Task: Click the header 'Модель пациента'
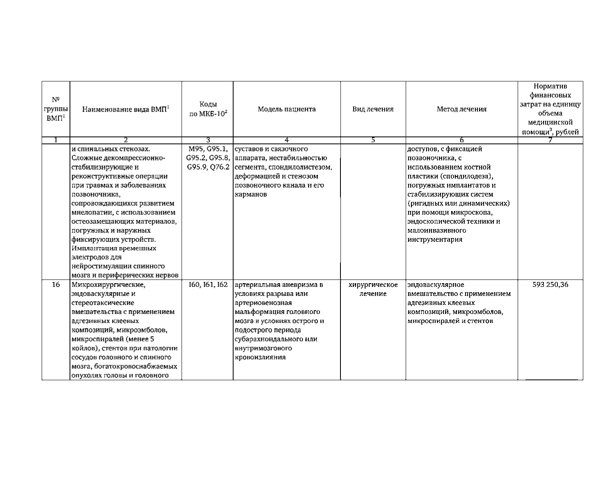pos(287,109)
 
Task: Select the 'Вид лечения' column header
pos(373,109)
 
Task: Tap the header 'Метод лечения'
pos(461,109)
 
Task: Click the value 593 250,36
pos(550,285)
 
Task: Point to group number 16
pos(56,285)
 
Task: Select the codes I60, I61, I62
pos(208,285)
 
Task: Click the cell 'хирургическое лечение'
pos(373,289)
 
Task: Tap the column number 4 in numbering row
pos(287,140)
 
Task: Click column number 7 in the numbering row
pos(550,140)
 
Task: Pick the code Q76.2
pos(219,167)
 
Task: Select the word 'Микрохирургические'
pos(108,285)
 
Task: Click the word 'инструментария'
pos(435,240)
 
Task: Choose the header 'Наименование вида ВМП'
pos(126,109)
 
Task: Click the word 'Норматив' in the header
pos(550,87)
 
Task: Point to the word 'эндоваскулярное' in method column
pos(436,285)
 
